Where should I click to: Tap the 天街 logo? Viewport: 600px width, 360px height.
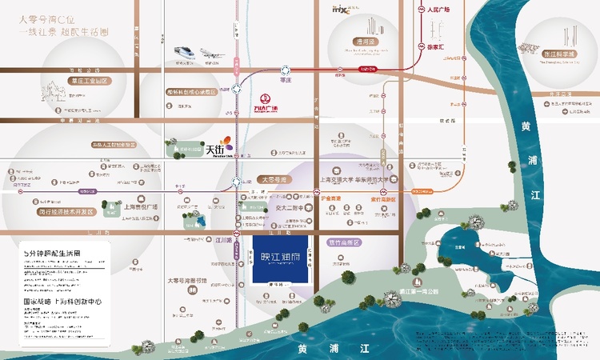click(218, 148)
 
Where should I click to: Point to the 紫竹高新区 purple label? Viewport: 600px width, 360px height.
click(345, 242)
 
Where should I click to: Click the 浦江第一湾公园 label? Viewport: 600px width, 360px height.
click(414, 293)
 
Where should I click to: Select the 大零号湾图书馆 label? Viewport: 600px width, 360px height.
click(187, 281)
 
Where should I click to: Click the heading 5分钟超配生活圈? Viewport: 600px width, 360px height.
click(51, 253)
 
